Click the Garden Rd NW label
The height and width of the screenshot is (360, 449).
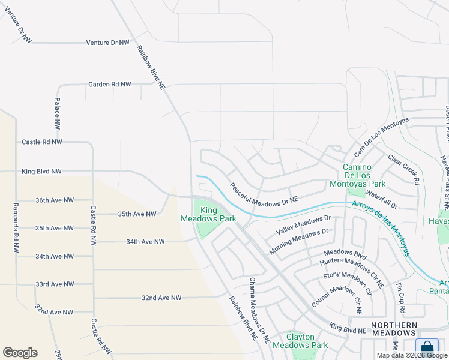click(109, 85)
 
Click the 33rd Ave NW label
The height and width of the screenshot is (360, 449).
click(54, 284)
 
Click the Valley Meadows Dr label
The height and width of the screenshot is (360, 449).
click(303, 226)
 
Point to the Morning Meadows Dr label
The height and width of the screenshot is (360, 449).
click(298, 240)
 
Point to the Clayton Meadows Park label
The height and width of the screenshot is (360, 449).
click(300, 340)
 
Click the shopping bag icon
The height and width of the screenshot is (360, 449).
click(427, 347)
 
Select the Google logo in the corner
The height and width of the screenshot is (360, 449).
click(20, 353)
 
